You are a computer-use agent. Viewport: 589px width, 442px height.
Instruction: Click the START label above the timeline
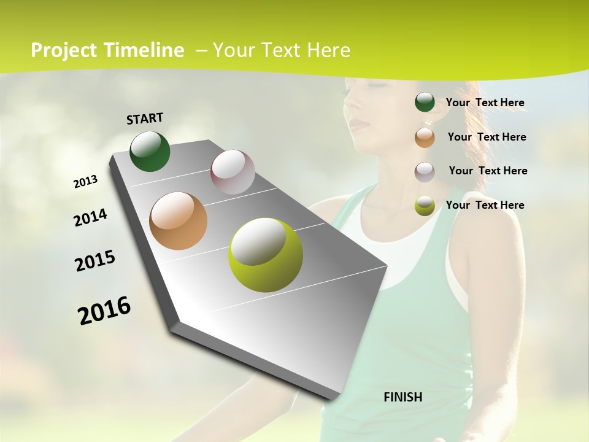click(145, 118)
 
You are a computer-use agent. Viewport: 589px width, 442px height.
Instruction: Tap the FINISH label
click(402, 397)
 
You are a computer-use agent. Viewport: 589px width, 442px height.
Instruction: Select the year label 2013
click(85, 182)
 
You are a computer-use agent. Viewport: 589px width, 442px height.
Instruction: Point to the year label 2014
click(90, 218)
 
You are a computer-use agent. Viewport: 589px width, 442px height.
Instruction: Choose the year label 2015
click(95, 261)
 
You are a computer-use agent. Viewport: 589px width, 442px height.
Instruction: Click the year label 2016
click(104, 310)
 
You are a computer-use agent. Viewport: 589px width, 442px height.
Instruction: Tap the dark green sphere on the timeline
click(150, 151)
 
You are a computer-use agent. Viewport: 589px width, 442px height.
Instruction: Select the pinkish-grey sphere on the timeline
click(233, 172)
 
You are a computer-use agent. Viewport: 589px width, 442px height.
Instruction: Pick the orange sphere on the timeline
click(178, 221)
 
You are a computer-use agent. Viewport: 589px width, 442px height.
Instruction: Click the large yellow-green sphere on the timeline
click(265, 255)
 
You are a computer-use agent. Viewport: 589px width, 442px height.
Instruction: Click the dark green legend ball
click(425, 102)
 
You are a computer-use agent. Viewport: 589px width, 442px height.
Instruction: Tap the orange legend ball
click(425, 138)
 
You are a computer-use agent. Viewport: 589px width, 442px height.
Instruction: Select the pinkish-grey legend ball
click(425, 172)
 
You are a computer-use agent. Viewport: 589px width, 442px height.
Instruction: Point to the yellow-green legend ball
click(425, 206)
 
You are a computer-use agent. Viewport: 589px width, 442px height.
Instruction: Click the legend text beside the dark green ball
click(485, 103)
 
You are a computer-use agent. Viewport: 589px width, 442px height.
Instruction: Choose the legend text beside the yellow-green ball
click(485, 205)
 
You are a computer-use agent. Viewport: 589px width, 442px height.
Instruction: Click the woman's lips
click(359, 125)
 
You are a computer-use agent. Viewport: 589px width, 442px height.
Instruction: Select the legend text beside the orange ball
click(487, 137)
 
